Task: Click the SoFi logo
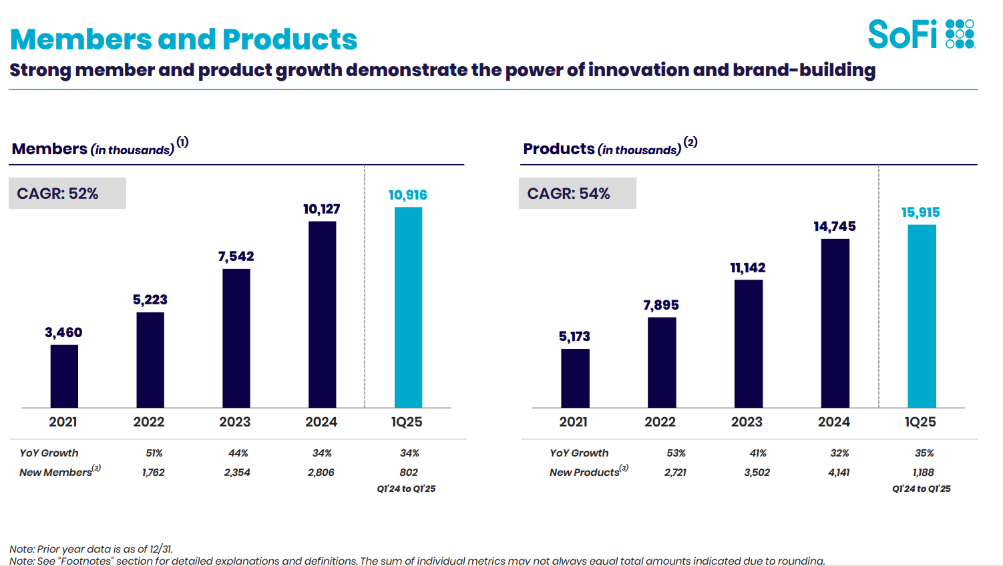coord(921,34)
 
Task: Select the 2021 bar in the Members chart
coord(64,376)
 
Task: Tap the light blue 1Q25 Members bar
coord(408,307)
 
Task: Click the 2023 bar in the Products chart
coord(748,343)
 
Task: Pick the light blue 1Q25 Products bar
coord(922,316)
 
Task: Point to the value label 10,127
coord(321,209)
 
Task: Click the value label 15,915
coord(920,212)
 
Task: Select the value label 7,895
coord(660,305)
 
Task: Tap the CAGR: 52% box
coord(67,194)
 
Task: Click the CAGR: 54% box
coord(577,194)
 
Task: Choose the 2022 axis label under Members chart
coord(149,422)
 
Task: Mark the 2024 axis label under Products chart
coord(834,422)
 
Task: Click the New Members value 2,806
coord(321,472)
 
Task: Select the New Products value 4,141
coord(839,472)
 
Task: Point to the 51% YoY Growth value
coord(154,453)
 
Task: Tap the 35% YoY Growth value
coord(924,453)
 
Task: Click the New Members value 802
coord(409,472)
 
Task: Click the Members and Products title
coord(184,39)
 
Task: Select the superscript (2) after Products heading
coord(690,142)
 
